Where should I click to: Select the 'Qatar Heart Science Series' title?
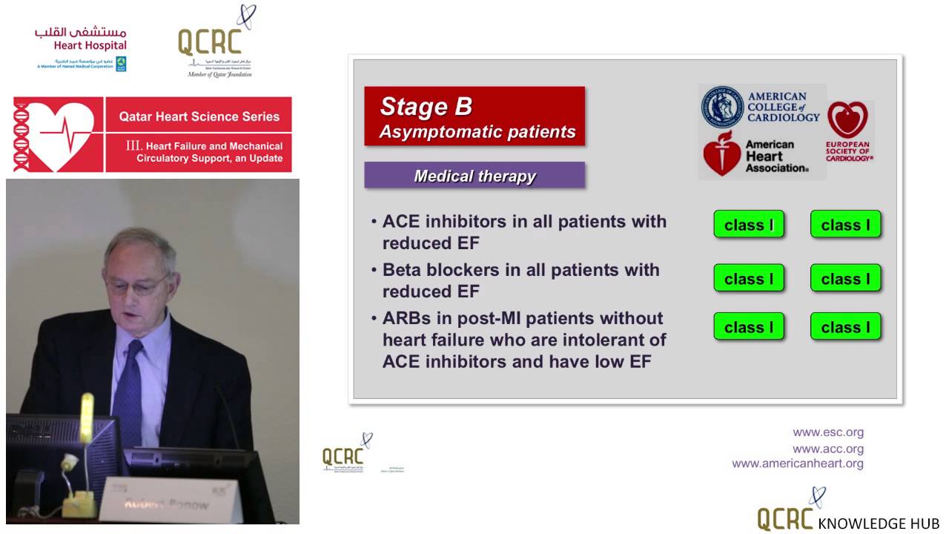tap(199, 116)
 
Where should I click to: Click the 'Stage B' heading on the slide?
tap(426, 107)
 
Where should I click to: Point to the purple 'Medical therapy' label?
tap(474, 176)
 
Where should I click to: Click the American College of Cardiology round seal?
tap(722, 106)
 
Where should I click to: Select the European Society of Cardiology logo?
tap(848, 132)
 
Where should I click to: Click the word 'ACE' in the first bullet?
tap(401, 222)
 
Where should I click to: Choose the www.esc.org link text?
tap(827, 432)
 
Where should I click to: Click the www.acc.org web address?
tap(827, 449)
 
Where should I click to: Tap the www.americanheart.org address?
tap(797, 464)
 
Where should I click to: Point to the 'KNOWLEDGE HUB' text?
tap(878, 524)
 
